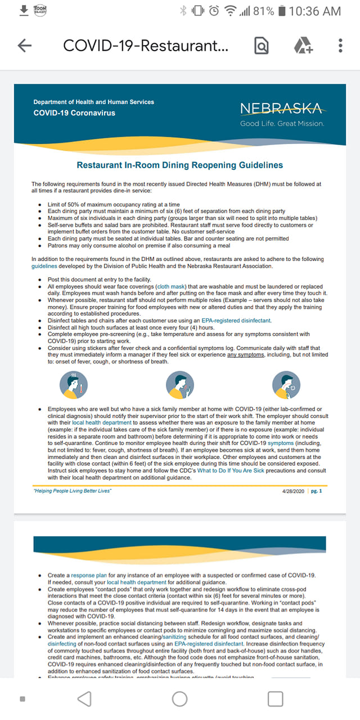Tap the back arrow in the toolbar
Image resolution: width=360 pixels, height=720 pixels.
pos(25,46)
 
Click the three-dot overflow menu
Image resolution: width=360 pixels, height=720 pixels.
pos(340,46)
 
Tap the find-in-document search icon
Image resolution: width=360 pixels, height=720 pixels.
pos(262,46)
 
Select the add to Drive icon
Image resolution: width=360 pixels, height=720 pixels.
pos(303,46)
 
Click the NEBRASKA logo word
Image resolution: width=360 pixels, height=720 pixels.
pos(281,108)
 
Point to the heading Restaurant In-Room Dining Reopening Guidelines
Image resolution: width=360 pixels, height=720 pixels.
pos(179,165)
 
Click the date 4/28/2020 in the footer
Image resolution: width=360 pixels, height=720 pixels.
pos(293,491)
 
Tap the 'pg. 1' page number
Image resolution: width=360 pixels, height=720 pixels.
pos(317,491)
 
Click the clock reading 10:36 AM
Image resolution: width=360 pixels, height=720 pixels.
pos(315,11)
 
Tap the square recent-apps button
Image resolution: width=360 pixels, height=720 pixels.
pos(275,699)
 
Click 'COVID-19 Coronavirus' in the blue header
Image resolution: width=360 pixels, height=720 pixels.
pos(74,113)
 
